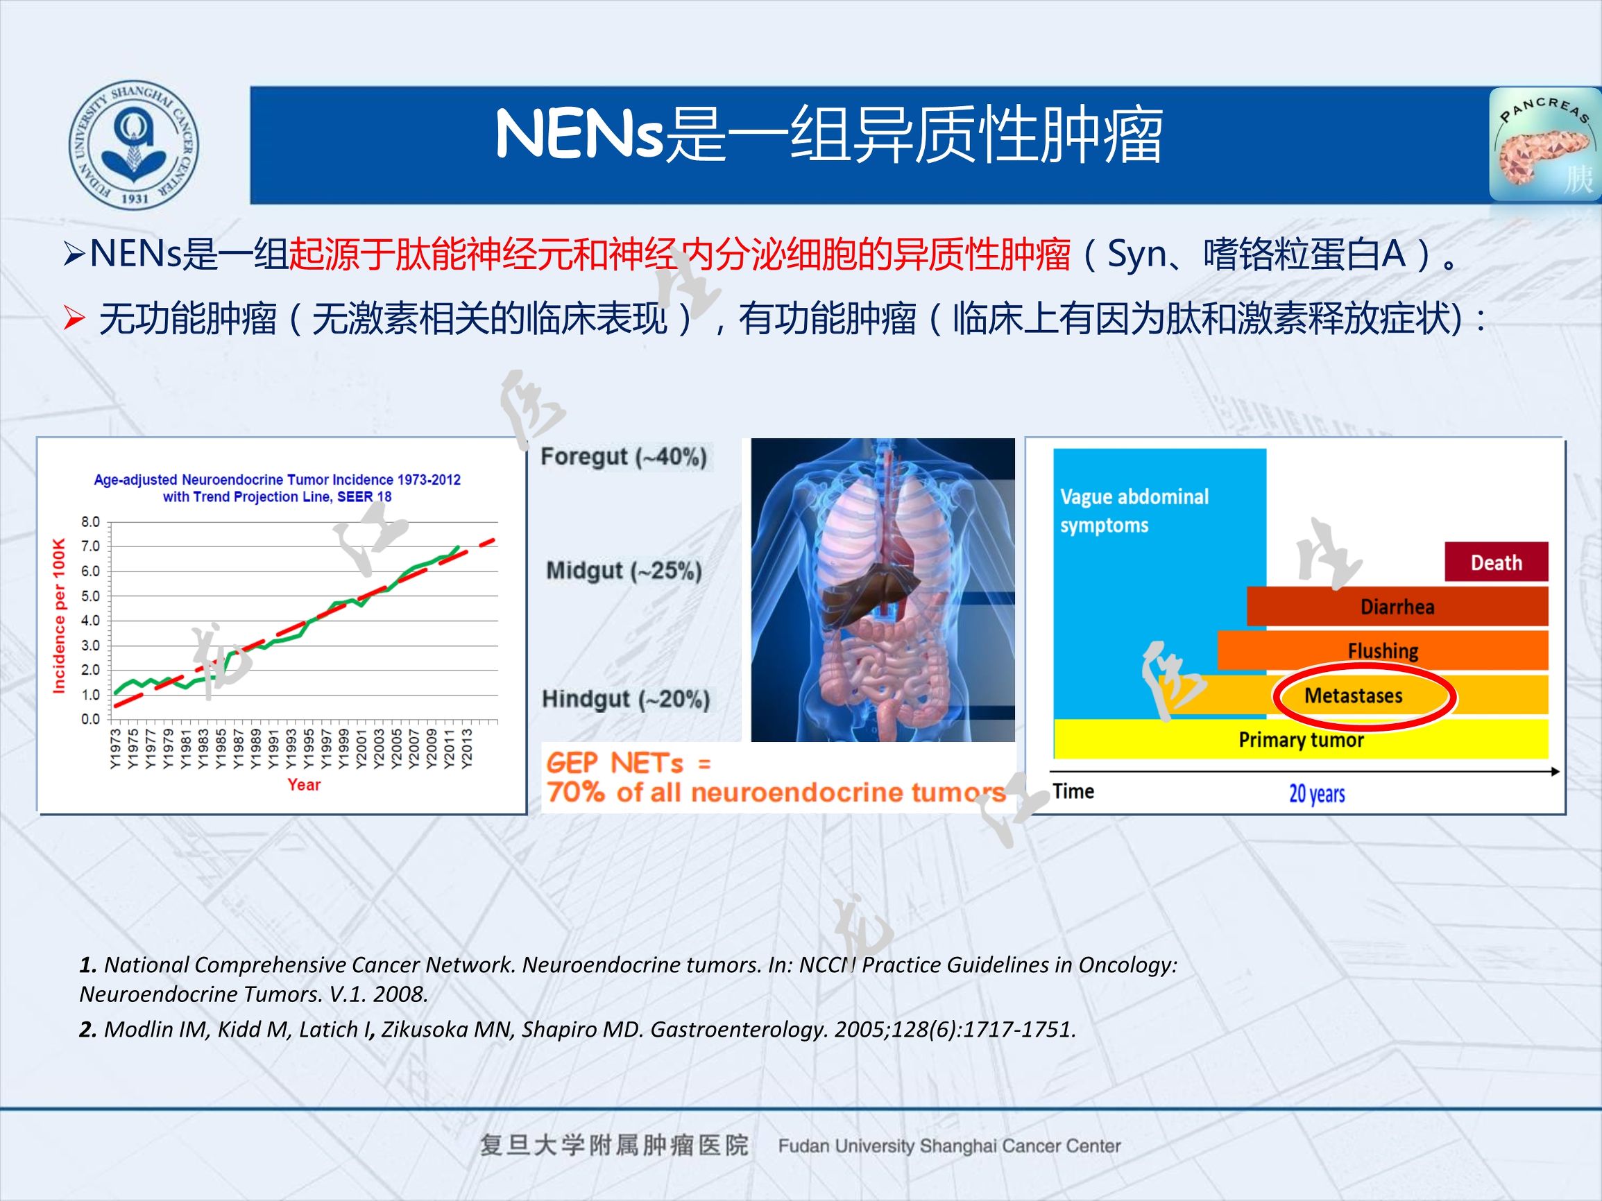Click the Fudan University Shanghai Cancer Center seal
(x=134, y=145)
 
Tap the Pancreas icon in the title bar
(x=1543, y=146)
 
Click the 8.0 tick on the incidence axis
(x=90, y=522)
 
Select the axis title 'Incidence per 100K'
(x=60, y=615)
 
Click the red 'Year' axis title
(x=303, y=785)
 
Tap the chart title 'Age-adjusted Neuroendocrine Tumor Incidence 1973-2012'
(x=277, y=480)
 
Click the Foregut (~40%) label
(x=624, y=457)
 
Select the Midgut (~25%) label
(x=624, y=571)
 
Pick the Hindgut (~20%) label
(x=626, y=700)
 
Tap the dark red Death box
(x=1496, y=562)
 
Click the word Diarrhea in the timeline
(x=1397, y=607)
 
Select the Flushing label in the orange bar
(x=1383, y=651)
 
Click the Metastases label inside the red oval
(x=1353, y=695)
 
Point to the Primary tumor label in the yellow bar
(x=1301, y=740)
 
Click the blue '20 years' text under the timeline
(x=1317, y=794)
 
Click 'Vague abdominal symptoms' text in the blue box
(x=1134, y=511)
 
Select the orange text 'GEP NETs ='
(x=628, y=763)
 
